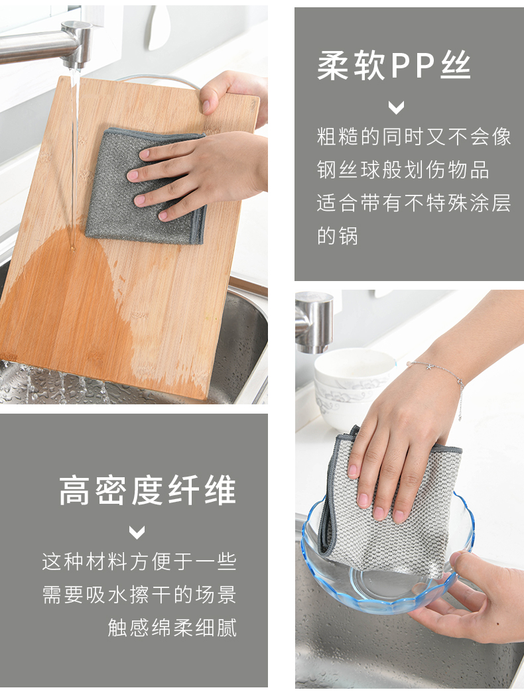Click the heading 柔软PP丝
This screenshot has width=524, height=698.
pos(394,66)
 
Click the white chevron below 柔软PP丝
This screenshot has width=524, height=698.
pos(396,107)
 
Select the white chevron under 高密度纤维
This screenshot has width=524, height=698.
pos(137,532)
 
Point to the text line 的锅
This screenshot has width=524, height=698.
pos(338,235)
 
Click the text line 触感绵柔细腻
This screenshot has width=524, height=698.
pos(172,627)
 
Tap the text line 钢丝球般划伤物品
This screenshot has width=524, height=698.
pos(403,170)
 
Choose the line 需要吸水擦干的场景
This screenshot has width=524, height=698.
pos(139,595)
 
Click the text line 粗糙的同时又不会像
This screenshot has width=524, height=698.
pos(414,137)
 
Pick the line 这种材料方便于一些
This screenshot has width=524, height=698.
pos(139,561)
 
